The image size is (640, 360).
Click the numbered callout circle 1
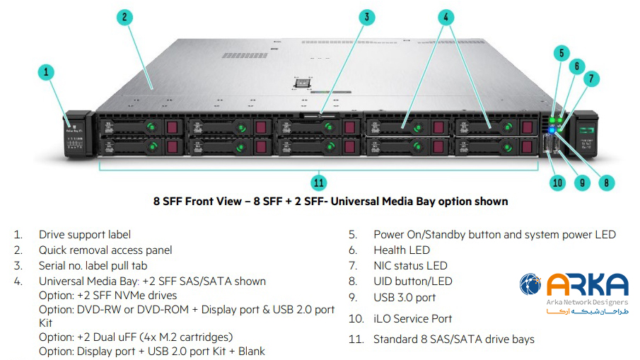tap(46, 71)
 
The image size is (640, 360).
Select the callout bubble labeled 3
tap(365, 17)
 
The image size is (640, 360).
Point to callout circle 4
tap(446, 17)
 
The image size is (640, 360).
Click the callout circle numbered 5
tap(561, 52)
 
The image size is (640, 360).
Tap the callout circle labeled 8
tap(607, 182)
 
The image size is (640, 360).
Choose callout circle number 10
tap(557, 182)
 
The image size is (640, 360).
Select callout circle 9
tap(582, 182)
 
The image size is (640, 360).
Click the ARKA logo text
tap(588, 284)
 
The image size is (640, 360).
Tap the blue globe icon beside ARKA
tap(530, 284)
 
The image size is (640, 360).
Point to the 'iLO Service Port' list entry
tap(413, 319)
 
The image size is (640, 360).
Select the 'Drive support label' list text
tap(85, 234)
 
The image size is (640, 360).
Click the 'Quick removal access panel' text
tap(105, 250)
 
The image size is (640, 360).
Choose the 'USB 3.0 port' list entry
tap(405, 298)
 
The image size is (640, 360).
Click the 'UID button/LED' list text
tap(413, 281)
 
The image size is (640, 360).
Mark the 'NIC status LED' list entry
tap(411, 266)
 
